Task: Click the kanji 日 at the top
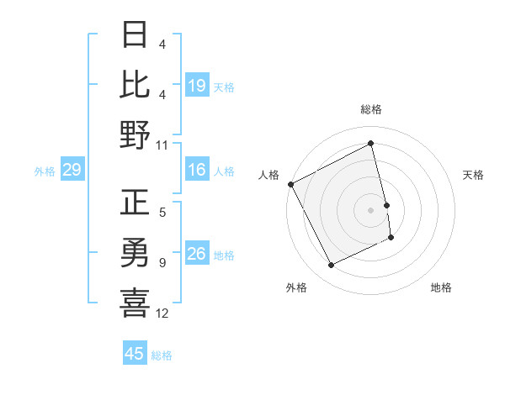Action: pyautogui.click(x=136, y=35)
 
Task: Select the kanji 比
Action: pyautogui.click(x=136, y=84)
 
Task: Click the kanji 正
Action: pyautogui.click(x=136, y=203)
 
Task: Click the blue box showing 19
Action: pyautogui.click(x=197, y=86)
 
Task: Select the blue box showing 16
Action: pyautogui.click(x=197, y=171)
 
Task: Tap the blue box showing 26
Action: pyautogui.click(x=197, y=255)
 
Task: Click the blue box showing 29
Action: pyautogui.click(x=72, y=171)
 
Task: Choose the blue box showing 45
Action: pyautogui.click(x=135, y=354)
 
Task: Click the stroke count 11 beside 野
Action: pyautogui.click(x=162, y=145)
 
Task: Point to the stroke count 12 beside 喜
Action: pyautogui.click(x=162, y=313)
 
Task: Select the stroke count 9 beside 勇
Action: pyautogui.click(x=162, y=263)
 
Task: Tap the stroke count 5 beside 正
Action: pyautogui.click(x=162, y=213)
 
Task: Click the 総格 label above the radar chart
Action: pyautogui.click(x=371, y=109)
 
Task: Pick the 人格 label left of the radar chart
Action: pyautogui.click(x=269, y=175)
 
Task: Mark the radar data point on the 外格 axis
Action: pyautogui.click(x=331, y=266)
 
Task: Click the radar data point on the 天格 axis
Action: pyautogui.click(x=387, y=205)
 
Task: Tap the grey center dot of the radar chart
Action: pyautogui.click(x=371, y=210)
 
